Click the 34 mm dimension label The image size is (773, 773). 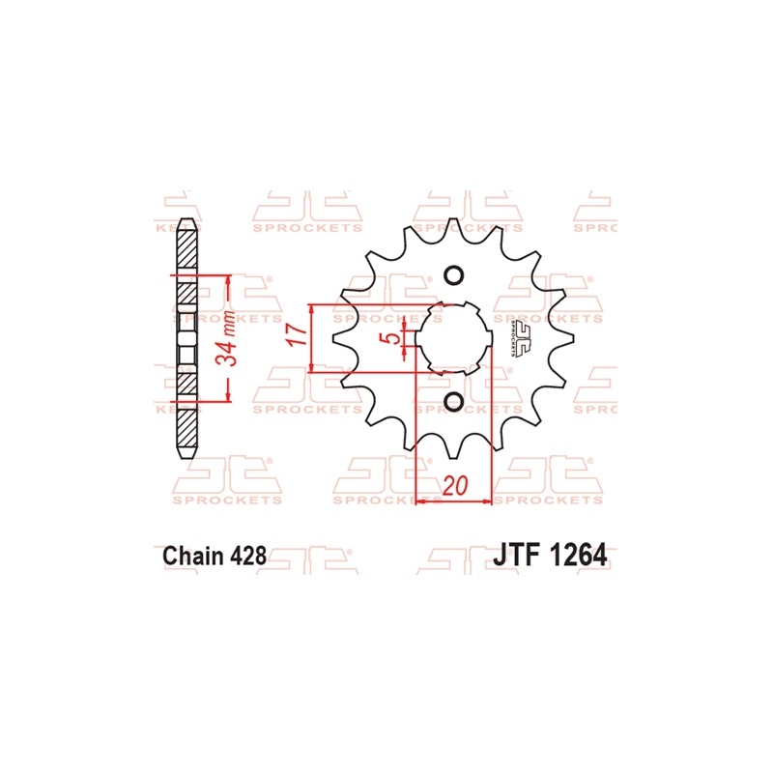227,337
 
